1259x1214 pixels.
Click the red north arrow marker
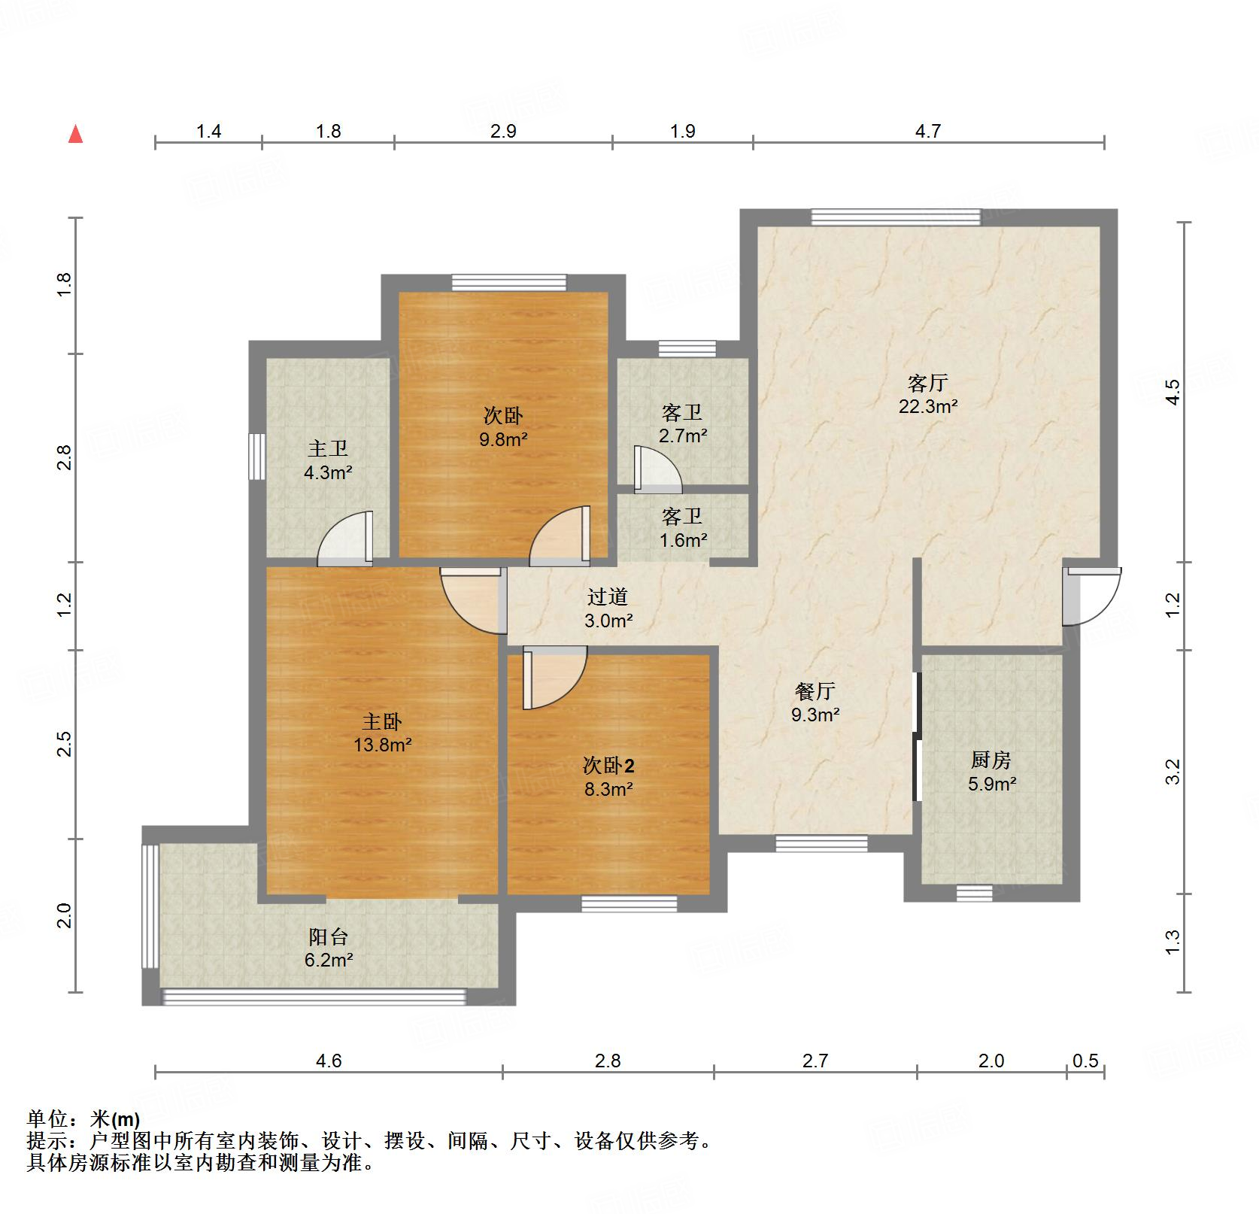tap(75, 135)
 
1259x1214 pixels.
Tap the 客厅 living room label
tap(927, 384)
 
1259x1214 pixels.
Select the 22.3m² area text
tap(927, 407)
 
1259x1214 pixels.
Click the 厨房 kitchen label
tap(991, 760)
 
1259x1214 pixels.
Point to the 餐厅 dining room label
tap(815, 690)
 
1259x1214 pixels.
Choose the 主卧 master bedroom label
tap(382, 722)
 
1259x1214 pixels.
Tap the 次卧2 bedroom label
tap(608, 766)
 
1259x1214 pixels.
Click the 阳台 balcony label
tap(329, 936)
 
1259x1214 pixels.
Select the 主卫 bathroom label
tap(328, 449)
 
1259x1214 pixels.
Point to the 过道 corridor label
tap(607, 597)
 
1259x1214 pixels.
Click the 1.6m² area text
tap(683, 540)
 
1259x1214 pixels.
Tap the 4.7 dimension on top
tap(927, 132)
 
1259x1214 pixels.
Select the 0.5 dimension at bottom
tap(1085, 1061)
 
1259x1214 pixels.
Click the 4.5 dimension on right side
tap(1173, 392)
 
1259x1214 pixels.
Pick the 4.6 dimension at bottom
tap(329, 1061)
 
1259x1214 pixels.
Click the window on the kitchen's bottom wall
tap(975, 894)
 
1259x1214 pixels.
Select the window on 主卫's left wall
tap(257, 456)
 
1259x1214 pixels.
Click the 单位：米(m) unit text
tap(83, 1120)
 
